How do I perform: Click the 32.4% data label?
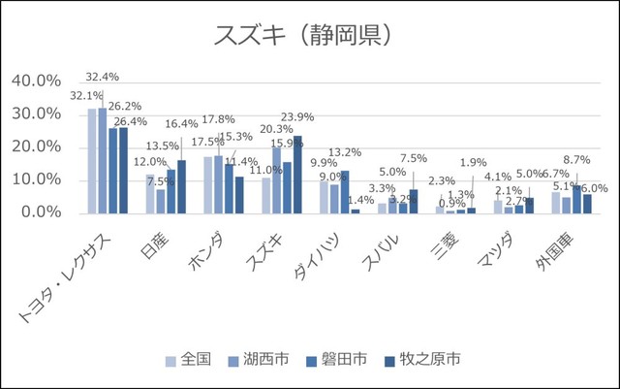[x=102, y=77]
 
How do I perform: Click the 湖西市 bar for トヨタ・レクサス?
[x=103, y=160]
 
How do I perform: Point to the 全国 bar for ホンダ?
[x=208, y=184]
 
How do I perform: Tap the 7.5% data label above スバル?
[x=413, y=158]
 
